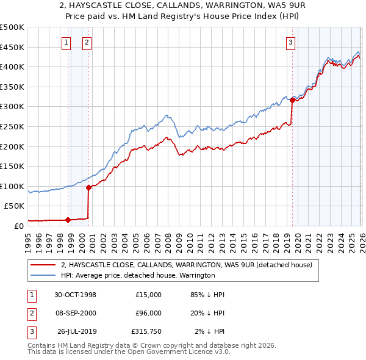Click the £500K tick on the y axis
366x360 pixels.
[x=12, y=27]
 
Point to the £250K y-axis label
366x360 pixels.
[x=12, y=126]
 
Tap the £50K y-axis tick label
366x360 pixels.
[x=15, y=206]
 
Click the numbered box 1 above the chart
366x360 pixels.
[x=66, y=42]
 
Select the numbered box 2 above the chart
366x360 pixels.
[x=87, y=42]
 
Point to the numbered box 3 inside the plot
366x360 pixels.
[x=291, y=42]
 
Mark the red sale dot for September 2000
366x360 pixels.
[x=88, y=188]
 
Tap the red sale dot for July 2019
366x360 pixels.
[x=292, y=101]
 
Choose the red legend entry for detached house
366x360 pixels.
[x=187, y=265]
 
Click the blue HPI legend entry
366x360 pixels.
[x=138, y=276]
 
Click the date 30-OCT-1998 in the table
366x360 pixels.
[x=75, y=295]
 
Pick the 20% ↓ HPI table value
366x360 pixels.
[x=207, y=313]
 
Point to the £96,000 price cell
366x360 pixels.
[x=148, y=313]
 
